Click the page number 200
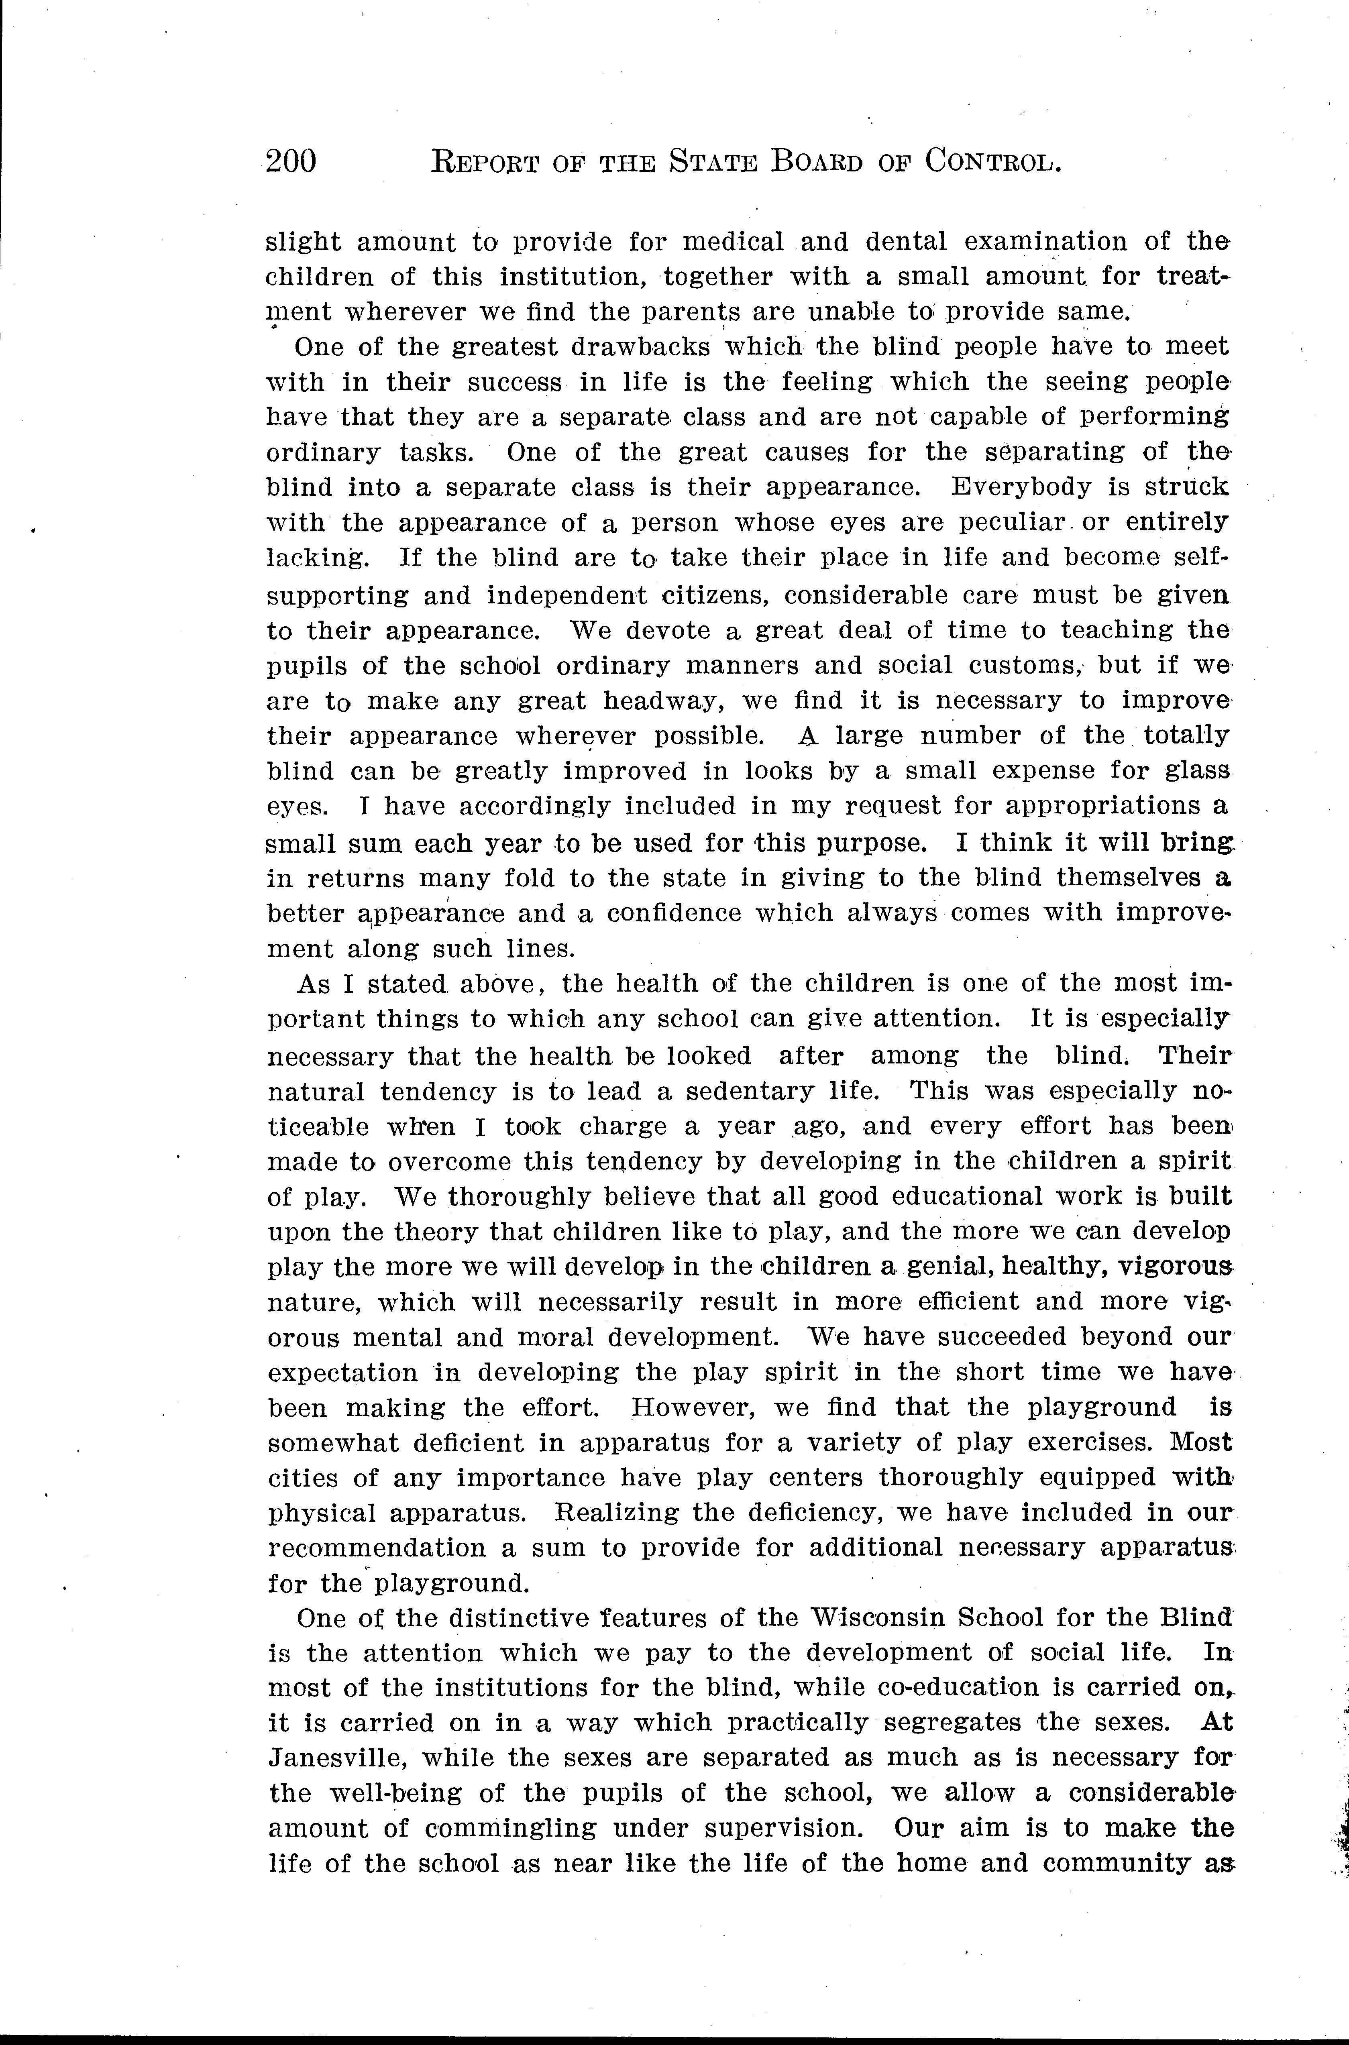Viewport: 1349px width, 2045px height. [291, 161]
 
